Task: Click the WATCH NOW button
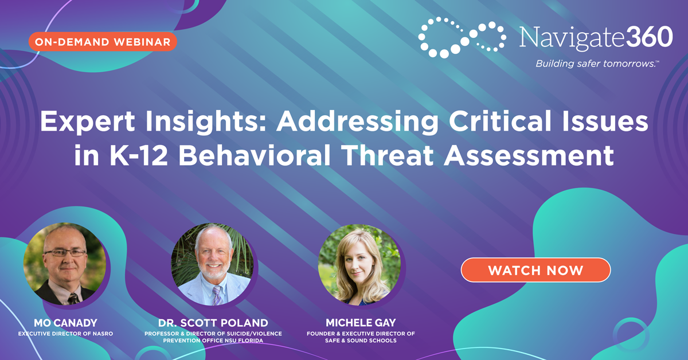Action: click(535, 270)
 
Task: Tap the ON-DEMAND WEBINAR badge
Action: click(102, 42)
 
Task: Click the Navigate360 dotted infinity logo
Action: click(462, 37)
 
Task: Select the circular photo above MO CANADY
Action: click(64, 264)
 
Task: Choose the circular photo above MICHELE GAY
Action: click(359, 264)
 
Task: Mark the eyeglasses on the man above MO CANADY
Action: click(65, 252)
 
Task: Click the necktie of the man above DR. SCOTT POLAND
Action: click(216, 295)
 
